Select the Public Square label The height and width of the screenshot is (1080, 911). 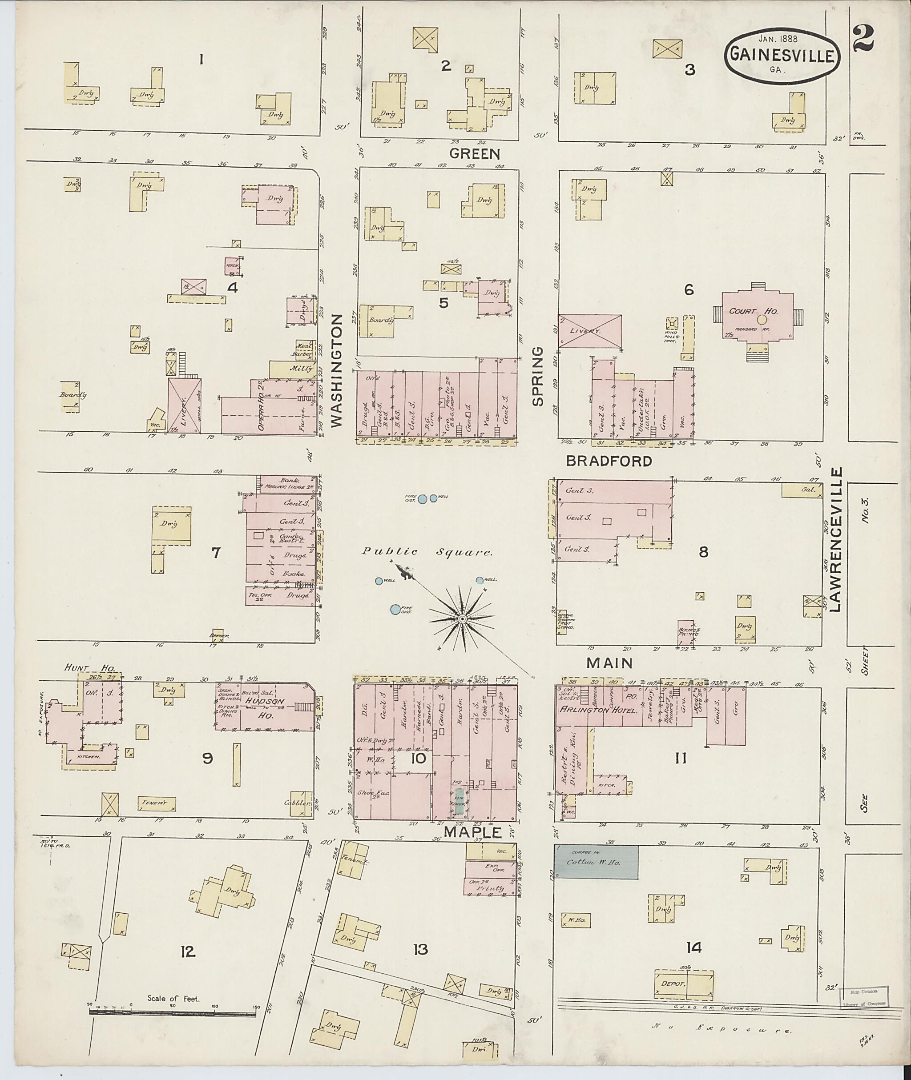click(427, 552)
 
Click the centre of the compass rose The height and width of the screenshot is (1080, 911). click(463, 619)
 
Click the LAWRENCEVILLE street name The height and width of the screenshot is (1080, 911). click(837, 539)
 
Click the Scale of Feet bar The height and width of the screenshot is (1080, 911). click(173, 1013)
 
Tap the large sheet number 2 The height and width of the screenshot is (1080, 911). click(863, 38)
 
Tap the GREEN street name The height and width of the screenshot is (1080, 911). click(474, 153)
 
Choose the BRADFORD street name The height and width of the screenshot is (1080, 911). click(609, 461)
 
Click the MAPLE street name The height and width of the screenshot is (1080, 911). click(472, 832)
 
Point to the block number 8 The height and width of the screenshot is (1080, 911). click(703, 552)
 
